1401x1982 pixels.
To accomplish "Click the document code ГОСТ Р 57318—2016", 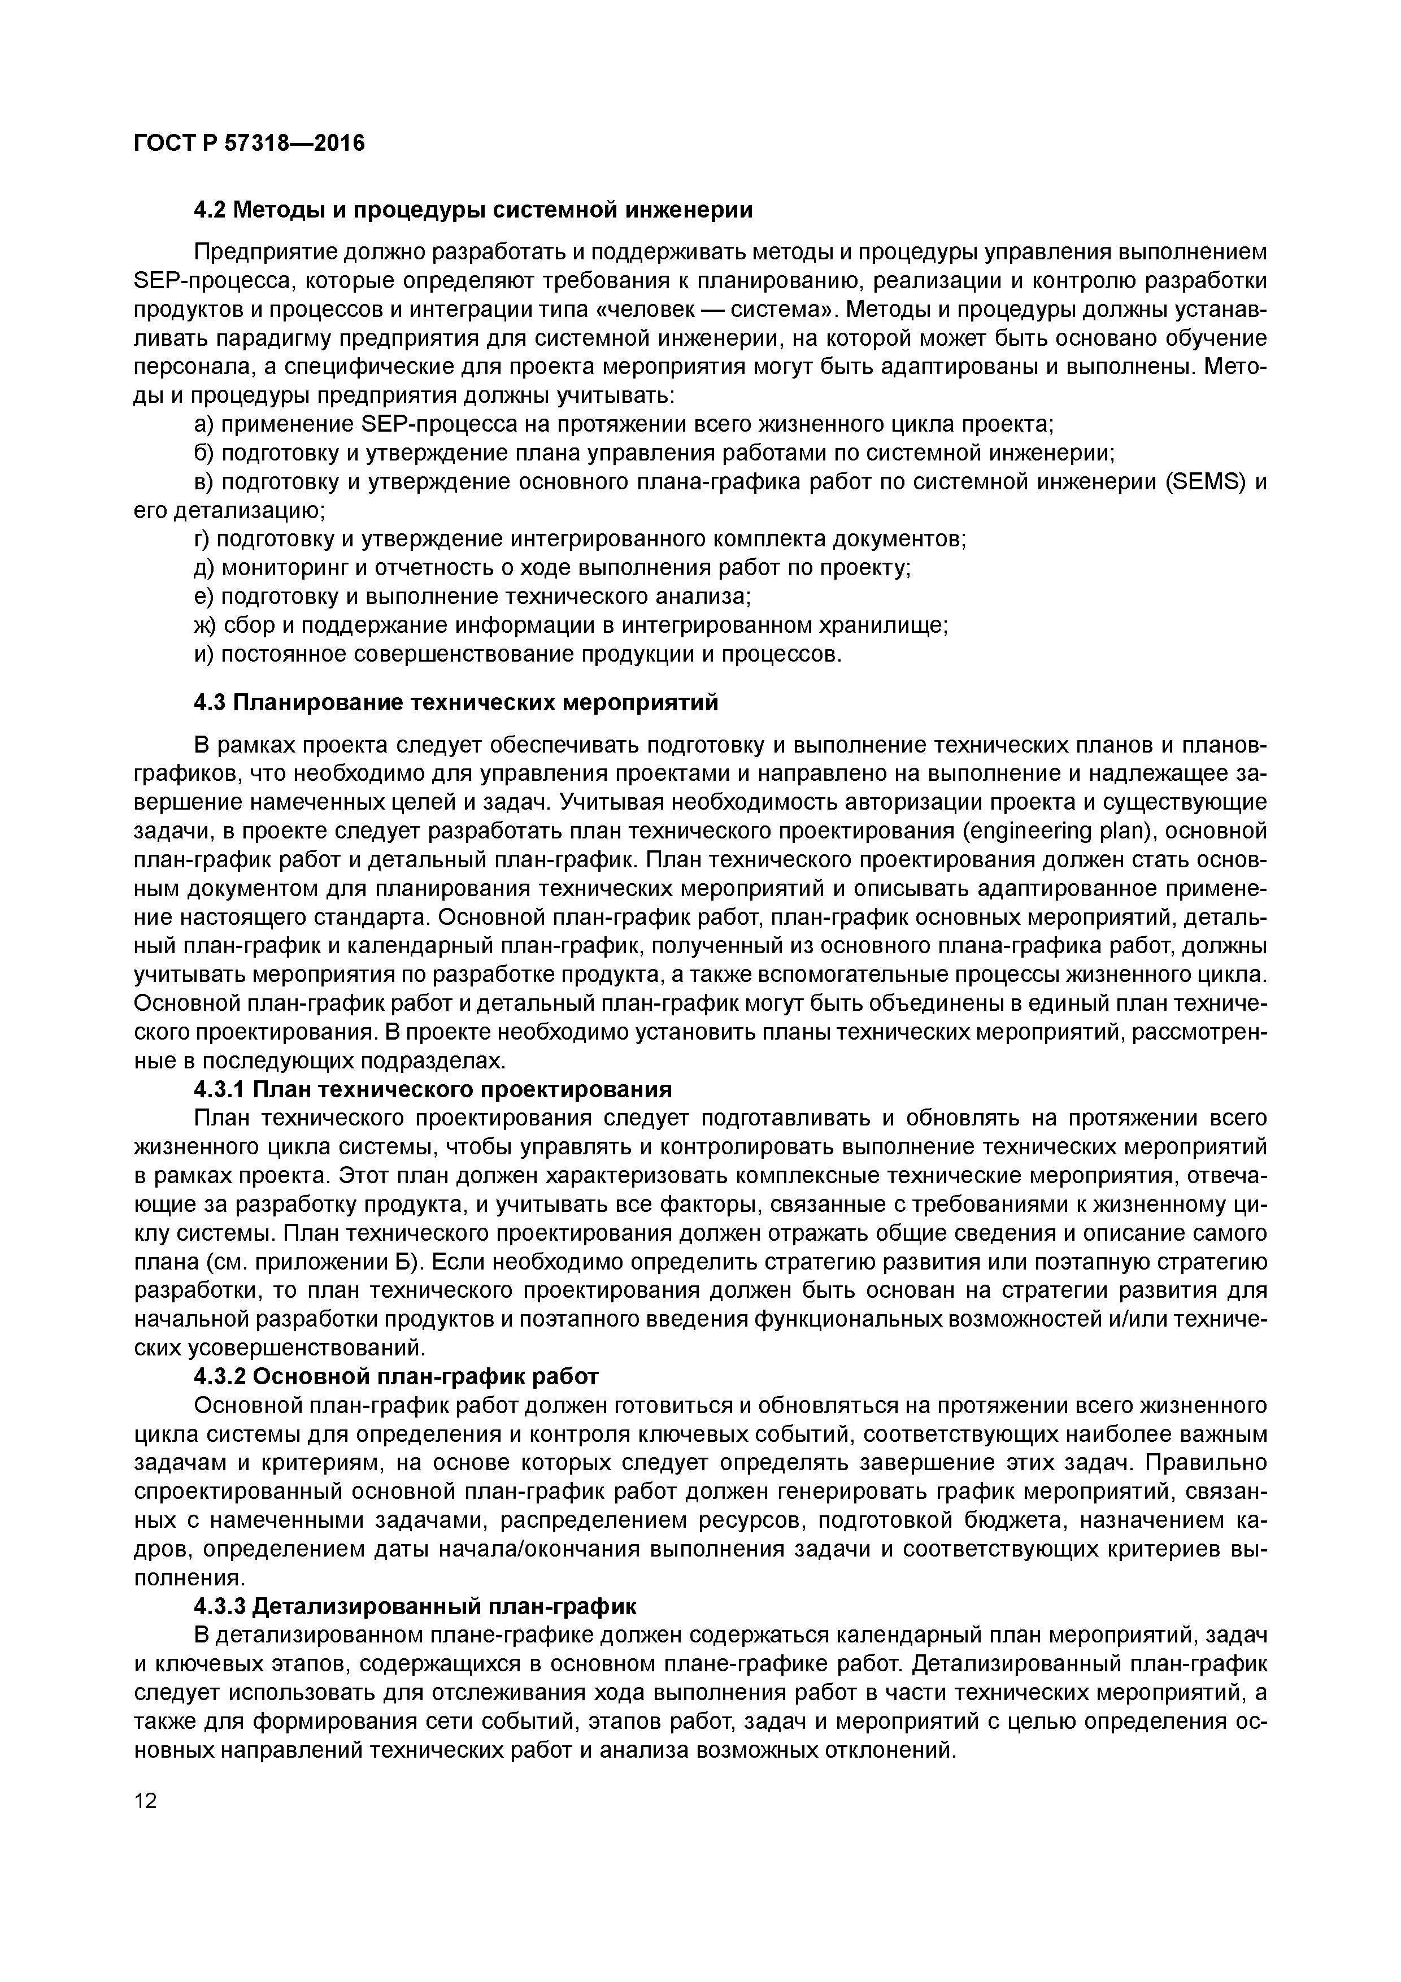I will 250,144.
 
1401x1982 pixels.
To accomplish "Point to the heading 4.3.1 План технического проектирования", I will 433,1089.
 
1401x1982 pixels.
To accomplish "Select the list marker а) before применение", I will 204,425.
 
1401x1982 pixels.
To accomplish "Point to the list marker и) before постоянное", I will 204,654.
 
